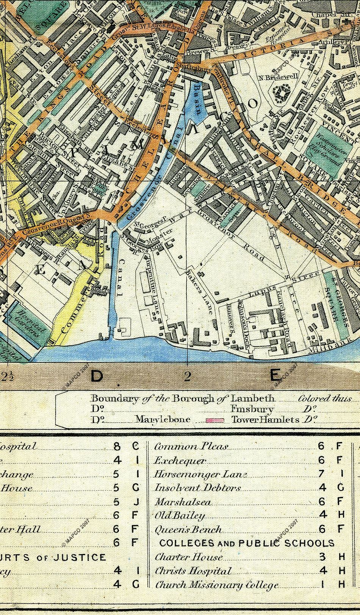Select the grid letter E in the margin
coord(275,376)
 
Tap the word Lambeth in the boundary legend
coord(253,398)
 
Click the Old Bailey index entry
coord(180,516)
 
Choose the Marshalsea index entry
coord(183,502)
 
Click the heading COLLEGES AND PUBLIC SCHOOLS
coord(247,543)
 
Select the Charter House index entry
coord(188,557)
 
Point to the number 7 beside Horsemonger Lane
coord(322,474)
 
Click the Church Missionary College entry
coord(217,585)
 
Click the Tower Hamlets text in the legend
coord(265,420)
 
